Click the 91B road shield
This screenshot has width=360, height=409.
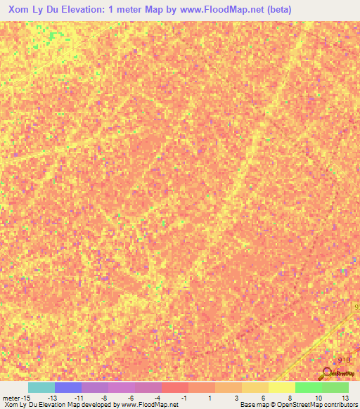(x=343, y=359)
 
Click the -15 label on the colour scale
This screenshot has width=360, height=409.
(x=25, y=397)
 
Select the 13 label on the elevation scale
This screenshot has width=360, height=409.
(x=345, y=397)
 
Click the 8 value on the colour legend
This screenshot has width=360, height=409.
(x=290, y=397)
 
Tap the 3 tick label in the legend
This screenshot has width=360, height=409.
(x=237, y=397)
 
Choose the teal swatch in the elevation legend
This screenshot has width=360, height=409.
(x=41, y=387)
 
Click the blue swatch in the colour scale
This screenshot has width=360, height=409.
(x=68, y=387)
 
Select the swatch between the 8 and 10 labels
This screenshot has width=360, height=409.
(x=308, y=387)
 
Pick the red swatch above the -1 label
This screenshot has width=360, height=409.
(x=175, y=387)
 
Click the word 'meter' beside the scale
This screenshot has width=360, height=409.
(x=11, y=397)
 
